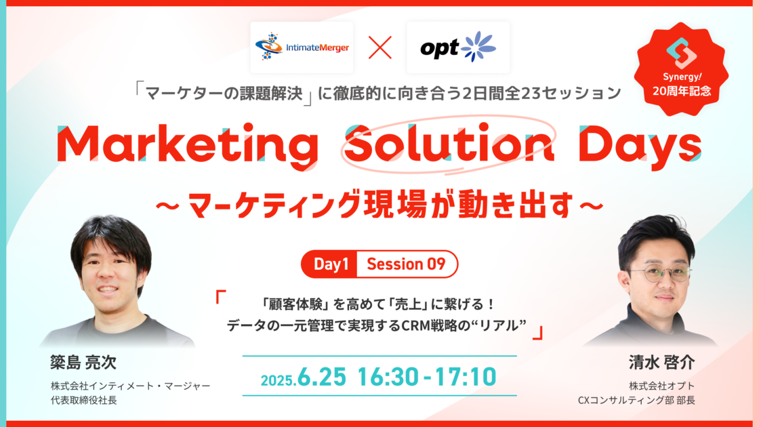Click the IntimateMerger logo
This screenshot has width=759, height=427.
(302, 47)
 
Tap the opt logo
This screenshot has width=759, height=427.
(458, 47)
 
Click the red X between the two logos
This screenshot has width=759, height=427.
(380, 47)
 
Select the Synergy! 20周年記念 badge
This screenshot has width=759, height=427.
(682, 69)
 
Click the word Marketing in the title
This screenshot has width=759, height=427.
(188, 144)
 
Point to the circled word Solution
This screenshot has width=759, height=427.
(449, 143)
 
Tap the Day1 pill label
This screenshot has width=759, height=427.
(331, 264)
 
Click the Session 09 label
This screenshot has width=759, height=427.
(406, 264)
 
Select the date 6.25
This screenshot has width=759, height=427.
(322, 377)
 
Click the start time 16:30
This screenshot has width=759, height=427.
(388, 377)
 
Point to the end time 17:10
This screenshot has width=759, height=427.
(466, 377)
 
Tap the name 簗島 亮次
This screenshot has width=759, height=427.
(83, 362)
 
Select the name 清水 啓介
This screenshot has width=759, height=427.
(661, 362)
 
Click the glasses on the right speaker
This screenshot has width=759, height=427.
(661, 274)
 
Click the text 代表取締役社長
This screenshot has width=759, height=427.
(84, 401)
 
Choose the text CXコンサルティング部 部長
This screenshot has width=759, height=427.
(636, 401)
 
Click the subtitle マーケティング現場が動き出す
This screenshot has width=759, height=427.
(380, 204)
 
